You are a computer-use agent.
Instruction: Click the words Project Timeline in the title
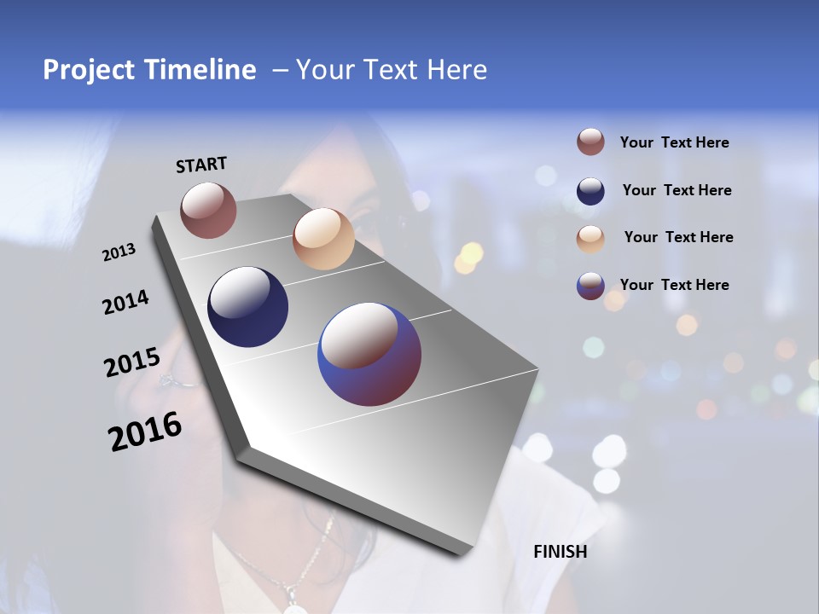[149, 70]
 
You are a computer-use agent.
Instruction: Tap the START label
[201, 165]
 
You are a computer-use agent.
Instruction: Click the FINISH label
[560, 552]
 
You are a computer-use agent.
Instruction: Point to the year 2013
[119, 252]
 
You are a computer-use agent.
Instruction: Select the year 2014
[125, 303]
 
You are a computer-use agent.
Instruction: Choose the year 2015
[131, 362]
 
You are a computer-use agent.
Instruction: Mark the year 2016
[145, 432]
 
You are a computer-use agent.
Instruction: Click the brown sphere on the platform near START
[208, 210]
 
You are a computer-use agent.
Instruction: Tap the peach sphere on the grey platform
[323, 239]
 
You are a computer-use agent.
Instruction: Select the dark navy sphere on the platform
[248, 307]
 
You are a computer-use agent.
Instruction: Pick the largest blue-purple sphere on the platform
[369, 354]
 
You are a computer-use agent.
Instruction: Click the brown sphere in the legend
[590, 142]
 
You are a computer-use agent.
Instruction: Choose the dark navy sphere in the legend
[590, 191]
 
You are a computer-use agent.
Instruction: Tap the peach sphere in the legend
[590, 238]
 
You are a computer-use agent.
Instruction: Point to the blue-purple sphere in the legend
[590, 286]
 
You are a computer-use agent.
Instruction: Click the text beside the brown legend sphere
[674, 143]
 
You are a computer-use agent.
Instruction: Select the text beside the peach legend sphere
[678, 237]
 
